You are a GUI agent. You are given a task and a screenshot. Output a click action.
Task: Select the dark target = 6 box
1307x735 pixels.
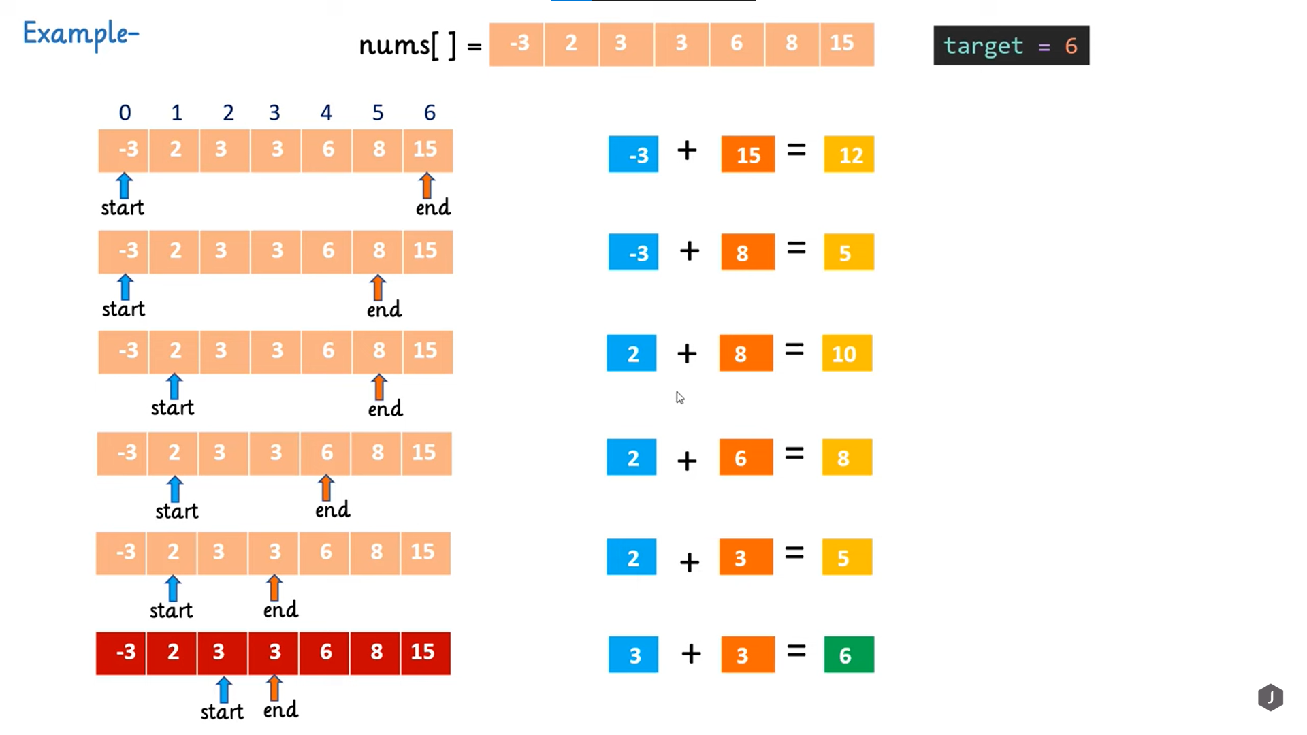tap(1011, 46)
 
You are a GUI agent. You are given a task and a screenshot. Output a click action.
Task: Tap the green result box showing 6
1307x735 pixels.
tap(849, 655)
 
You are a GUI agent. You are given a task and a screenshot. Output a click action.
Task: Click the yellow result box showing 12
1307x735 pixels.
tap(849, 154)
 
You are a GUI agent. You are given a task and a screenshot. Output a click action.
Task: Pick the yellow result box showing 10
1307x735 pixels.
tap(847, 353)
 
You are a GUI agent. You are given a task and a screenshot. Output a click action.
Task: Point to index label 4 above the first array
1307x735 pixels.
tap(326, 113)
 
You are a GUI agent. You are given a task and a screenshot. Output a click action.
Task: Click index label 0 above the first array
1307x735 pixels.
tap(125, 113)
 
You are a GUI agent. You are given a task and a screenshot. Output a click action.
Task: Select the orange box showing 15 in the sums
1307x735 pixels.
tap(747, 154)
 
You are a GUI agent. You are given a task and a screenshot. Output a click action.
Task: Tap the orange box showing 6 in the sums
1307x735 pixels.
tap(745, 457)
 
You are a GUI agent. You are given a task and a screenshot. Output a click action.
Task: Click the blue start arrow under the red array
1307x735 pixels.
tap(223, 689)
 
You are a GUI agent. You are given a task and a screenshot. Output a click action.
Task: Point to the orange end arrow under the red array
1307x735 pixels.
tap(274, 688)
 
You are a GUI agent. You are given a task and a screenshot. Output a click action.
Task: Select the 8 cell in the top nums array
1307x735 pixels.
tap(792, 44)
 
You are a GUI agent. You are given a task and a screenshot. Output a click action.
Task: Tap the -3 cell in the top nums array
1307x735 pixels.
tap(517, 44)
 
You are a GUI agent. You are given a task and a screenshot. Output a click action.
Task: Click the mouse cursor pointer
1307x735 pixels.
tap(680, 398)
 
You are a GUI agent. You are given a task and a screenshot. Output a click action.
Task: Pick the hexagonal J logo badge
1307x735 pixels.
tap(1270, 698)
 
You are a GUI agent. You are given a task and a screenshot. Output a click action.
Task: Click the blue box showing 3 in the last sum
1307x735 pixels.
tap(633, 655)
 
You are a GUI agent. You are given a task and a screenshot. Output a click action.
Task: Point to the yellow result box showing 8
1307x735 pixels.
tap(847, 457)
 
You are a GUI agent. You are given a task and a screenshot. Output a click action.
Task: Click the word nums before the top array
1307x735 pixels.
tap(394, 46)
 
